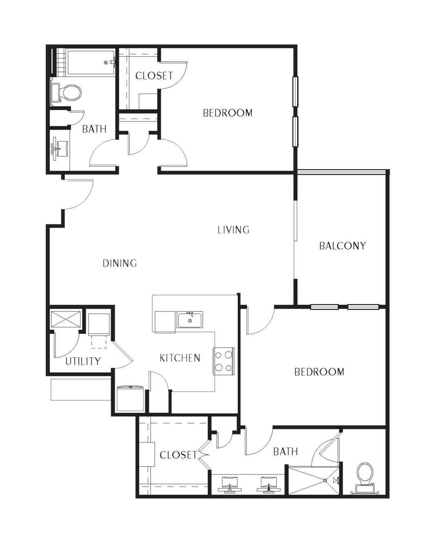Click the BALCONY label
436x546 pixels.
[343, 246]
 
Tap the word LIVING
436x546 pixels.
[234, 230]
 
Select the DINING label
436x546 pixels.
[120, 263]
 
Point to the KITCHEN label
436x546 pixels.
[180, 358]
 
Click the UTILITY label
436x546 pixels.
[83, 361]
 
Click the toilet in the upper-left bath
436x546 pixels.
[66, 93]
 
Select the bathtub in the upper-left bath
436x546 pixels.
[91, 63]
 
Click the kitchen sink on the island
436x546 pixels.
[190, 320]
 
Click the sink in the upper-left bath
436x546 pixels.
[60, 149]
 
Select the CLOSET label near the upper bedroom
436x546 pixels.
[154, 76]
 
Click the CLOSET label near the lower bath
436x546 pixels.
[178, 455]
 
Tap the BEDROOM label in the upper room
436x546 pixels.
[228, 113]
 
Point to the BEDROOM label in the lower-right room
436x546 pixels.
[319, 372]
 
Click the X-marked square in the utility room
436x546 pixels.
[66, 319]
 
